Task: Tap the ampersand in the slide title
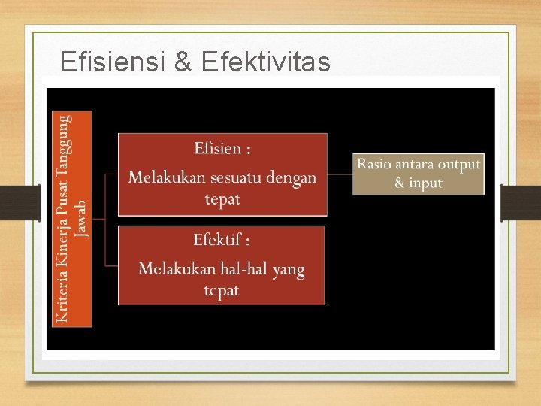tap(183, 62)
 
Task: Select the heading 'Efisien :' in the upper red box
tap(222, 148)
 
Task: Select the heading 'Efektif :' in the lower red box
tap(222, 240)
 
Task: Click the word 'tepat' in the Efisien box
tap(222, 198)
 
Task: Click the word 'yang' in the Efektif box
tap(289, 269)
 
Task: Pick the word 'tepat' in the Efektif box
tap(222, 290)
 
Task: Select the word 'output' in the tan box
tap(459, 164)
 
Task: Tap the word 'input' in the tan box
tap(425, 183)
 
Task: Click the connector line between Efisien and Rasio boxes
tap(340, 174)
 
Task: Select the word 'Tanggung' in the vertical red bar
tap(65, 143)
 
